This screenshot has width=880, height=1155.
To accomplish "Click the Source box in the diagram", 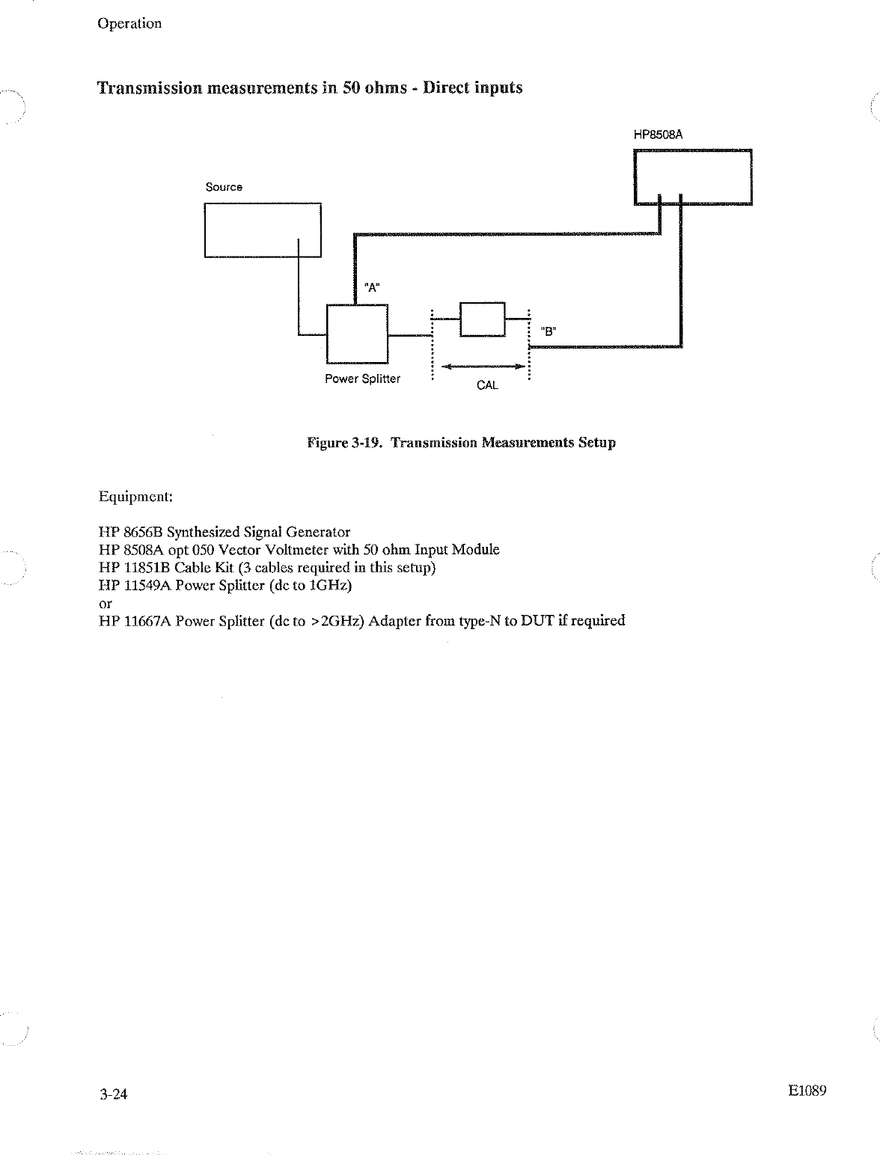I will pos(262,230).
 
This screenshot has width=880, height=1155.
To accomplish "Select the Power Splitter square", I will pos(357,333).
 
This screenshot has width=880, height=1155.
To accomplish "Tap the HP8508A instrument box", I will pos(692,177).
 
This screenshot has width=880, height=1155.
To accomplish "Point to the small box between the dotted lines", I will pos(483,319).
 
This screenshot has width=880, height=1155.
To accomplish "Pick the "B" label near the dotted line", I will pos(548,332).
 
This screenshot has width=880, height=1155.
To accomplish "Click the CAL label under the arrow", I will pos(487,385).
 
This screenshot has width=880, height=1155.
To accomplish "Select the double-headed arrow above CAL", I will pos(482,367).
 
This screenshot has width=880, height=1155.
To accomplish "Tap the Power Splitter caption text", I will pos(362,379).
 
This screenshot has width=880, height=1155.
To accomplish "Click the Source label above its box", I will pos(224,187).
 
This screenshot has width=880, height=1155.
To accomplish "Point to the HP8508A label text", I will pos(659,135).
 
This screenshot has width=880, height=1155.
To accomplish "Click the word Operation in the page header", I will pos(129,23).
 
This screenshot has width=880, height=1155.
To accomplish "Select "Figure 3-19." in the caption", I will pos(345,443).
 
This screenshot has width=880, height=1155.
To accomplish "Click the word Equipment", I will pos(135,497).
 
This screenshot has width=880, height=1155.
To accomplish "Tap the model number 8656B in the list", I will pos(143,533).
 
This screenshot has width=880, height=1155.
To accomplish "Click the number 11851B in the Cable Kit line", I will pos(147,567).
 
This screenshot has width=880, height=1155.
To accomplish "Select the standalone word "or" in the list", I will pos(106,603).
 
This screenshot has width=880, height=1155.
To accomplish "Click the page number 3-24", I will pos(113,1094).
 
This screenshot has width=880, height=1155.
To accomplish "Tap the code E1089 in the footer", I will pos(807,1091).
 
